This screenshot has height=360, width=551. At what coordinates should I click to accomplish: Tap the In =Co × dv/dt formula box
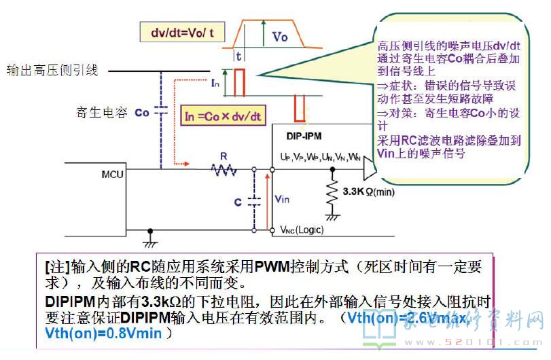223,116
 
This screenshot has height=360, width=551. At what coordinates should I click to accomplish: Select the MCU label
112,174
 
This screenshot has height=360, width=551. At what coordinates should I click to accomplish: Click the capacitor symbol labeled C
255,200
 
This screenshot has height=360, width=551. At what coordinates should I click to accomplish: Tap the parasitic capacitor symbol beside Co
161,113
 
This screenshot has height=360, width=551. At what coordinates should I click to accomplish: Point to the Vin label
281,198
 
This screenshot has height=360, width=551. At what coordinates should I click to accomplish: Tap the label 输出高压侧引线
52,69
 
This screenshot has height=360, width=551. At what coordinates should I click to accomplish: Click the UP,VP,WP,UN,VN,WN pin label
321,157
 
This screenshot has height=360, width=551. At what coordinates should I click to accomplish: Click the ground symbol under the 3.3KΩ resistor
333,217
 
